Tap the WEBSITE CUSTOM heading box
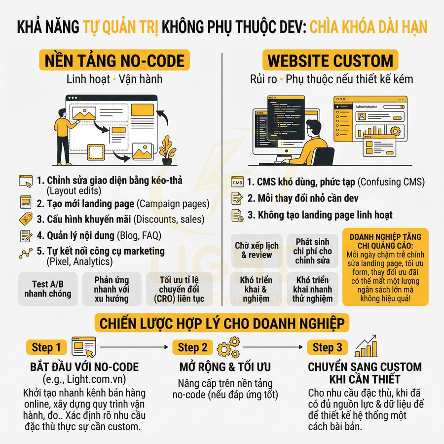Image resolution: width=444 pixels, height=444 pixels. pyautogui.click(x=330, y=61)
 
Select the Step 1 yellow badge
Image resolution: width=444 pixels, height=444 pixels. pyautogui.click(x=46, y=347)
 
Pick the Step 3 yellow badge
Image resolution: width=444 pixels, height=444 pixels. pyautogui.click(x=327, y=347)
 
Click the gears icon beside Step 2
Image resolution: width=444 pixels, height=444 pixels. pyautogui.click(x=228, y=347)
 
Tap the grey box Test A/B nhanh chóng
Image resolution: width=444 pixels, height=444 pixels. pyautogui.click(x=47, y=289)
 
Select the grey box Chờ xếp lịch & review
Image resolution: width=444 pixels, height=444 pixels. pyautogui.click(x=257, y=251)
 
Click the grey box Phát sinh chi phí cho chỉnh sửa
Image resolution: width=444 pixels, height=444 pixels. pyautogui.click(x=314, y=251)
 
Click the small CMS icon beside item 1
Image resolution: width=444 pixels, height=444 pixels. pyautogui.click(x=237, y=183)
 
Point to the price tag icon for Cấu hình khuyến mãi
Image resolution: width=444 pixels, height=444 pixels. pyautogui.click(x=25, y=219)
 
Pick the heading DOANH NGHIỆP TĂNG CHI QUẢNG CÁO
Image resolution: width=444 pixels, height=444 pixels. pyautogui.click(x=385, y=241)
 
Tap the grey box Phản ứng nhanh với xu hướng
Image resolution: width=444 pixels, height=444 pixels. pyautogui.click(x=111, y=289)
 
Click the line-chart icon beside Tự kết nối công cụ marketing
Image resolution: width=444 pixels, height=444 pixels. pyautogui.click(x=25, y=253)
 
